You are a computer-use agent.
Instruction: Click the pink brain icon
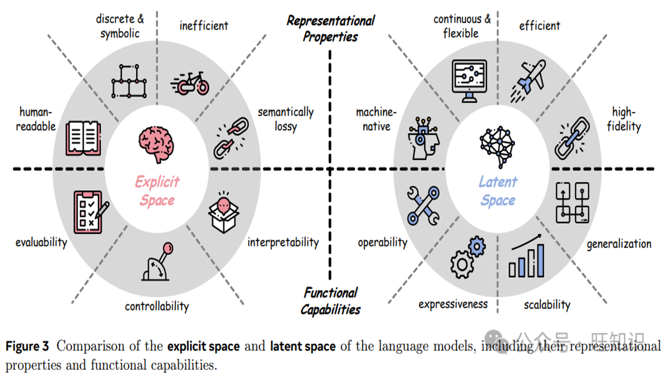157,144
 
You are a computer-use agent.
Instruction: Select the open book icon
83,138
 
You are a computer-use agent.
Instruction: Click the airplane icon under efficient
529,81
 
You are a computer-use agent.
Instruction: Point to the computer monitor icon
469,81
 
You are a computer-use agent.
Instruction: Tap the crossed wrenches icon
424,206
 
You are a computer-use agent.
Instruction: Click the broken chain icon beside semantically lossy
232,138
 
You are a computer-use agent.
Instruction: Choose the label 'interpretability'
283,242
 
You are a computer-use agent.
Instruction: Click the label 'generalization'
619,244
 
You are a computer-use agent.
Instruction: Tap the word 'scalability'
547,305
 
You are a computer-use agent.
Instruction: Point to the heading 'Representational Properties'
330,29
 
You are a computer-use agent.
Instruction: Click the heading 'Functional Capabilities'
330,301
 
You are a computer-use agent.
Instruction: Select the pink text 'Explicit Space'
157,191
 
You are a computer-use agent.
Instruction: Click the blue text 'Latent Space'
498,191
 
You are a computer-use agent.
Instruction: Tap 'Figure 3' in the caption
27,346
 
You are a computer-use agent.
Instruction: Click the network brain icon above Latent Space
497,147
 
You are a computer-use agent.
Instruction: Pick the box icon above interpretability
224,213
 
